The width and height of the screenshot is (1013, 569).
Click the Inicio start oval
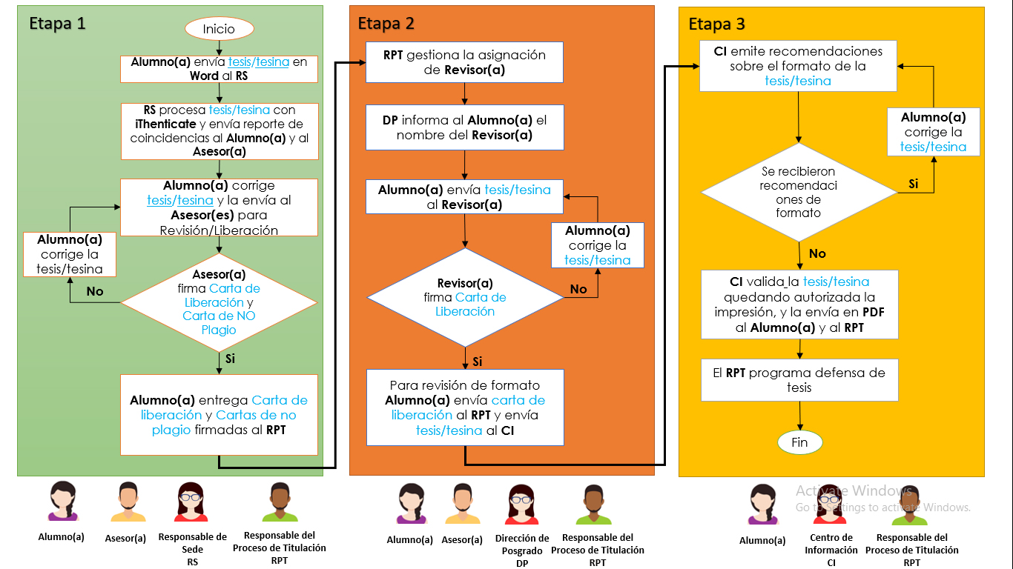pos(219,29)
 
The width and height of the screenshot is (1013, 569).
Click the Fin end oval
pos(799,442)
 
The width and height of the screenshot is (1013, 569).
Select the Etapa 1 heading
pos(57,24)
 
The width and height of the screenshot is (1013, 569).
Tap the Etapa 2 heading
pos(386,24)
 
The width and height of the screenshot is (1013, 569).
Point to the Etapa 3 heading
pos(716,24)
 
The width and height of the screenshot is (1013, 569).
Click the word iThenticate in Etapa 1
pos(166,124)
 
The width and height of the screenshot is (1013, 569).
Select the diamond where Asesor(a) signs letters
pos(219,302)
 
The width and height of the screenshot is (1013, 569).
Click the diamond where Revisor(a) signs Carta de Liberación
pos(465,297)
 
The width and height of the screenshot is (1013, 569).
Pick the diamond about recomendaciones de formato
pos(799,192)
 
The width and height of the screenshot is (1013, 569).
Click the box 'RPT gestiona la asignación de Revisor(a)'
pos(465,62)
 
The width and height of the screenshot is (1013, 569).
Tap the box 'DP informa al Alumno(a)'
pos(465,127)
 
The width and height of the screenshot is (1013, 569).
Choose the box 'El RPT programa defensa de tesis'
pos(799,380)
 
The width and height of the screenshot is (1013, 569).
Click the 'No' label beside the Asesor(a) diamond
pos(95,291)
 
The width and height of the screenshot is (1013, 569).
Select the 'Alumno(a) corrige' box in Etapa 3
pos(933,132)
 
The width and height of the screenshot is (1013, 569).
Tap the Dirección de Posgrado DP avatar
pos(521,505)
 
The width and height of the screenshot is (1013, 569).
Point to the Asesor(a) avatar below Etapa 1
pos(128,502)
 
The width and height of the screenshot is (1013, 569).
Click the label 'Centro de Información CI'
pos(831,550)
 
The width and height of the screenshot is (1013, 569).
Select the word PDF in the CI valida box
pos(873,313)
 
